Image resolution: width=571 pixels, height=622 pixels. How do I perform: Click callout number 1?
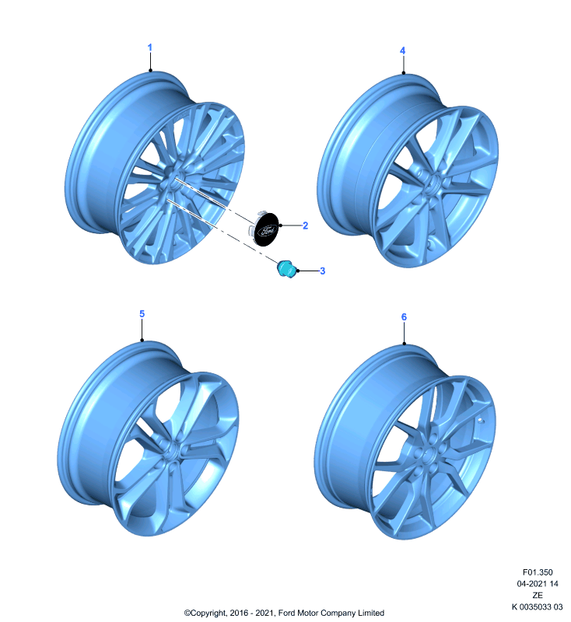coord(149,47)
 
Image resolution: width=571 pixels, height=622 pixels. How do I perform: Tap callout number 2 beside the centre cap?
coord(305,225)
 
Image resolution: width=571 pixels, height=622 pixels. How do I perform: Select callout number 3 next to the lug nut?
coord(322,271)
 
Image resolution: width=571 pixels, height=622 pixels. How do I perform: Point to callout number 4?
coord(402,51)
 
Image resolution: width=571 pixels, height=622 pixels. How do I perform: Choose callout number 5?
coord(142,314)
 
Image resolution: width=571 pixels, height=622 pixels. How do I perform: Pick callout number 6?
coord(404,317)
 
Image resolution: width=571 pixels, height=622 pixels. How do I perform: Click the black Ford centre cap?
coord(266,229)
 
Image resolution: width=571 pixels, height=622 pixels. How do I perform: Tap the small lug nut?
coord(286,268)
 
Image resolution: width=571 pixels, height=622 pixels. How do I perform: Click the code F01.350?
coord(538,572)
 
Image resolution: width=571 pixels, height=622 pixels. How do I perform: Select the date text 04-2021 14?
coord(538,584)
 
